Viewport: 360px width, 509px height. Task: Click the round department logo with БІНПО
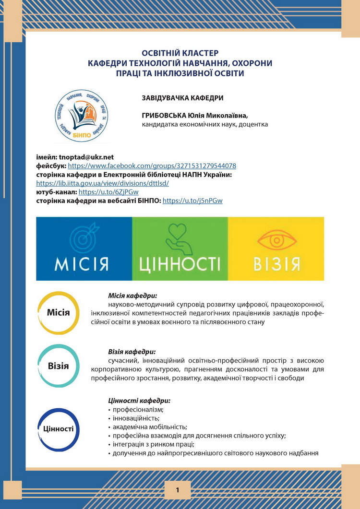[83, 115]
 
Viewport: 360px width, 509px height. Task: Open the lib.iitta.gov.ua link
[103, 183]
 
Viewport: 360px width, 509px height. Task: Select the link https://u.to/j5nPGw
[192, 201]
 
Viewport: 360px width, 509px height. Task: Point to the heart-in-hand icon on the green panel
[180, 237]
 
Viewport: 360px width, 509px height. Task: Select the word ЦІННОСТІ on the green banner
[180, 264]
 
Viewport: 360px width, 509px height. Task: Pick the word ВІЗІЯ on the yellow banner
[276, 264]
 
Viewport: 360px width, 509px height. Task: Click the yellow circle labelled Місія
[59, 313]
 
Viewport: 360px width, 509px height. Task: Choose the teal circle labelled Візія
[59, 366]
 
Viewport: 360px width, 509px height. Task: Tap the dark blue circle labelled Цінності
[59, 429]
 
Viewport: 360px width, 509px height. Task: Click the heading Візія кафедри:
[132, 352]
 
